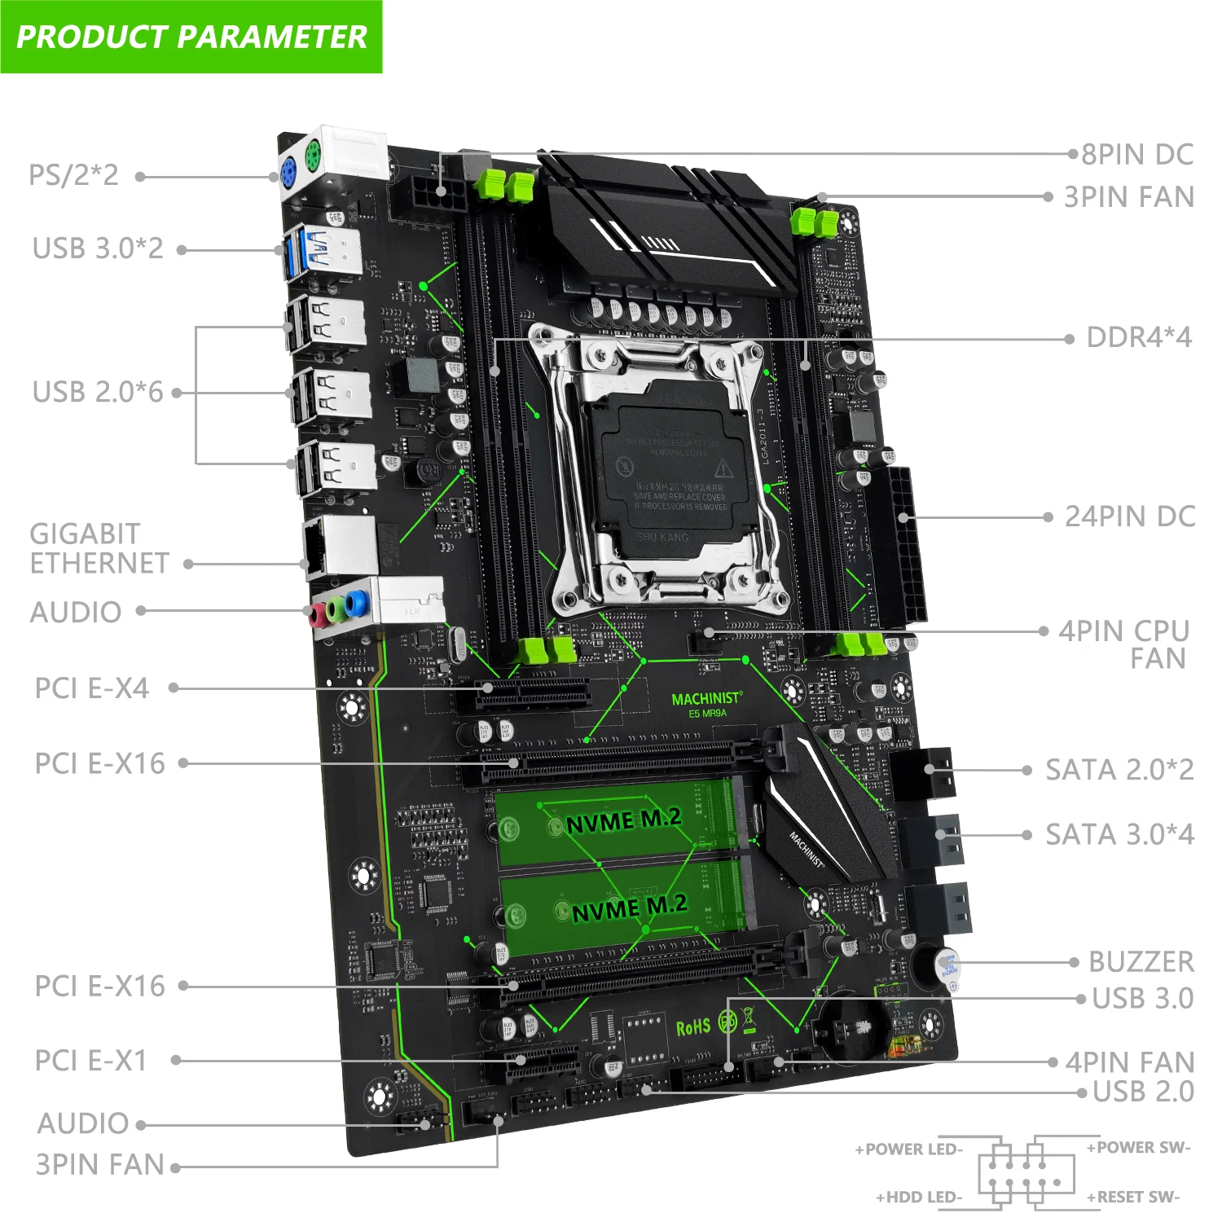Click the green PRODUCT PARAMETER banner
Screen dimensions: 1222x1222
(191, 37)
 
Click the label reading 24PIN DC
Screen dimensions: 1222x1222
(1130, 516)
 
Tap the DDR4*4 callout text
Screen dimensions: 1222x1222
(1139, 337)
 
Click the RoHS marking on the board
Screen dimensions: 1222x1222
(693, 1027)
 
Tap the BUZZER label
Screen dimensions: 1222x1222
(1141, 962)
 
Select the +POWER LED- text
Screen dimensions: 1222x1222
(908, 1149)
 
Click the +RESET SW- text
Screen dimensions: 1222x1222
(1132, 1197)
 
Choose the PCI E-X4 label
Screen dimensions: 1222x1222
(92, 688)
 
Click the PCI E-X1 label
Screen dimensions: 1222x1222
(91, 1061)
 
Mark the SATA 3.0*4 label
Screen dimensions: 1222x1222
(1119, 835)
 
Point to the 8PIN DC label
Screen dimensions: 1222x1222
(1136, 154)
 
